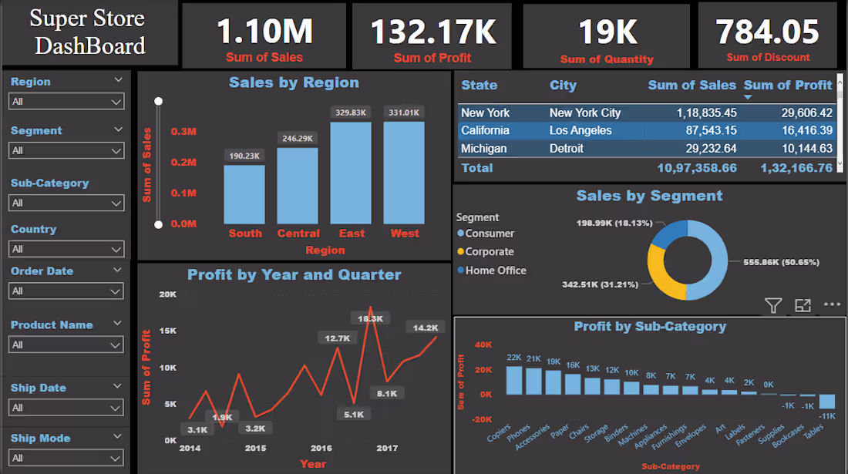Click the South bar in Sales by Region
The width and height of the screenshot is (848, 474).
click(244, 194)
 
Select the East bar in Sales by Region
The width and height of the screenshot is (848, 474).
click(351, 173)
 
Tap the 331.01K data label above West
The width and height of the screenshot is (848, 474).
click(404, 113)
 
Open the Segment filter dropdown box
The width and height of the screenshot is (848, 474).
click(66, 150)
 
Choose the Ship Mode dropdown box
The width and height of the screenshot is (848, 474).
click(66, 458)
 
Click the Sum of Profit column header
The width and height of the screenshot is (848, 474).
click(787, 86)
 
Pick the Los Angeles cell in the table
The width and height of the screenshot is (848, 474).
click(580, 130)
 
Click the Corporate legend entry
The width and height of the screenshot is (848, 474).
click(489, 252)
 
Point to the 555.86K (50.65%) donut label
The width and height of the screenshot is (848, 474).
click(780, 262)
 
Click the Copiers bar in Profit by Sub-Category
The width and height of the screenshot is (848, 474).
click(514, 380)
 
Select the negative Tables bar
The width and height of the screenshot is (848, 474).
click(826, 402)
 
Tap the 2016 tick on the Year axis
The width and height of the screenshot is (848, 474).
click(321, 448)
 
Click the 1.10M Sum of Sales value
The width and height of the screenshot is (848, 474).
click(264, 32)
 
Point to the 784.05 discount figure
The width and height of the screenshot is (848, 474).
click(767, 32)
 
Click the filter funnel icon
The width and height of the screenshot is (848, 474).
click(773, 305)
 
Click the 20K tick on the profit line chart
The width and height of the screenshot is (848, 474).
click(167, 294)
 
